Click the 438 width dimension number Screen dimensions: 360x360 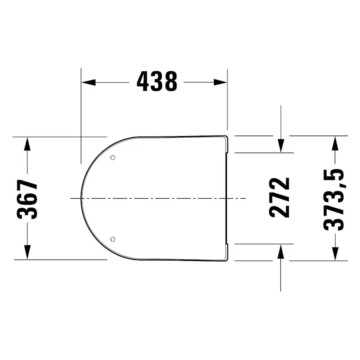[157, 82]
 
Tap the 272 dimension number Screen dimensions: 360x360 [280, 198]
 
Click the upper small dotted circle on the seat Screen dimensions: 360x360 [113, 158]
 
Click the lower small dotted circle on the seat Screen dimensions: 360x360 [113, 239]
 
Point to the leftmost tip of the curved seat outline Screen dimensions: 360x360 [81, 198]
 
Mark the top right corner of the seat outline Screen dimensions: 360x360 [227, 137]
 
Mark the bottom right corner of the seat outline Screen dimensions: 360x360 [227, 260]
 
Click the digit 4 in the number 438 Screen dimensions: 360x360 [143, 82]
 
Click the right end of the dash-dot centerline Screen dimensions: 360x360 [246, 198]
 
